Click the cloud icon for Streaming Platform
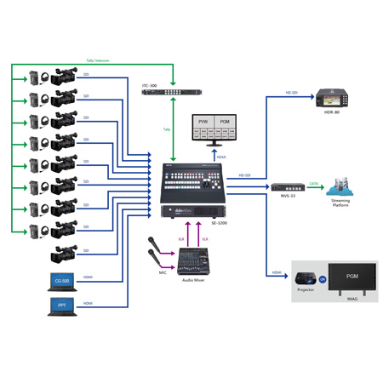coord(340,186)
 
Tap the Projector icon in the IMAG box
coord(306,277)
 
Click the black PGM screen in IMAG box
coord(351,277)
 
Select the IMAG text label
coord(352,300)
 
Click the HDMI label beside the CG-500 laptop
coord(88,277)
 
